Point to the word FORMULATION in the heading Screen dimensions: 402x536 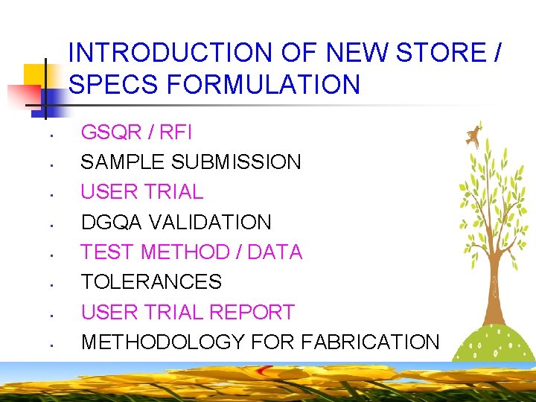[264, 85]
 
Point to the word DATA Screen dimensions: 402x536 [275, 252]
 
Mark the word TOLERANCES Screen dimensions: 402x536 [151, 282]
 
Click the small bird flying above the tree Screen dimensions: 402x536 [471, 135]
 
